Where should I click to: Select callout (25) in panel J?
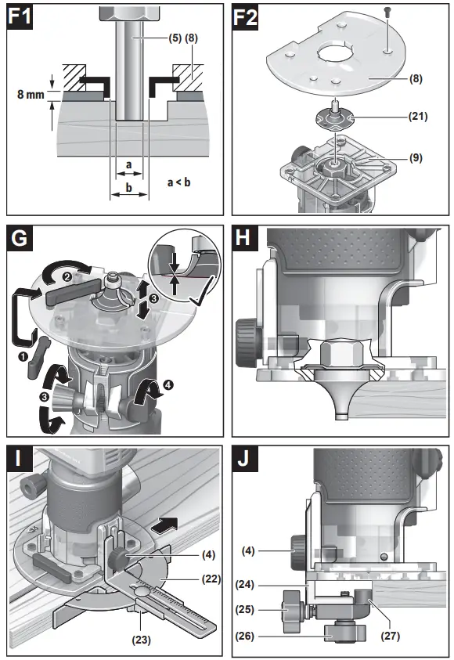click(249, 608)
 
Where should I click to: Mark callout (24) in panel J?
click(250, 583)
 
